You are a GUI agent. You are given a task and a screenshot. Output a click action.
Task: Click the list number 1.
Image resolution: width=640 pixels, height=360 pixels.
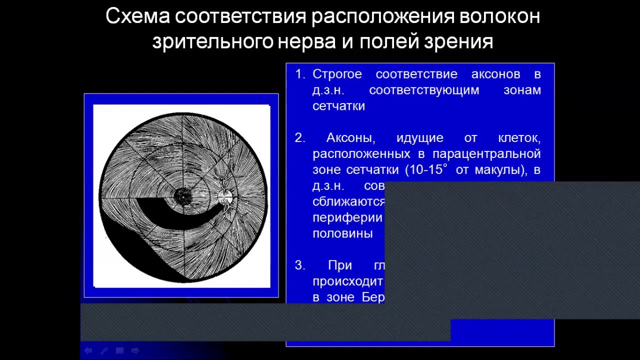(x=300, y=74)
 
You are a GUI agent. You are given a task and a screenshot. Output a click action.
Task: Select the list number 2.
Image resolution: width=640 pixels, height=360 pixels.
(x=299, y=138)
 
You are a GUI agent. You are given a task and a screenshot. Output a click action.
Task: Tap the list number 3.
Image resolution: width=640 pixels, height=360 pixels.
(x=299, y=265)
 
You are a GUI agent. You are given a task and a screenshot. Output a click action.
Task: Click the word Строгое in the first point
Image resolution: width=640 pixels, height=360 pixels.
(x=336, y=74)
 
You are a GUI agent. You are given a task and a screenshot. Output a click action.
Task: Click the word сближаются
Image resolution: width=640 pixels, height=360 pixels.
(x=348, y=202)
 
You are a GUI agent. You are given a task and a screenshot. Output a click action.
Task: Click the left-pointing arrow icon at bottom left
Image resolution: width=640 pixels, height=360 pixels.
(x=88, y=350)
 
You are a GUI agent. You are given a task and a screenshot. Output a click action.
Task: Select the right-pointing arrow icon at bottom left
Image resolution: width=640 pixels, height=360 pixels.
(x=134, y=350)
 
